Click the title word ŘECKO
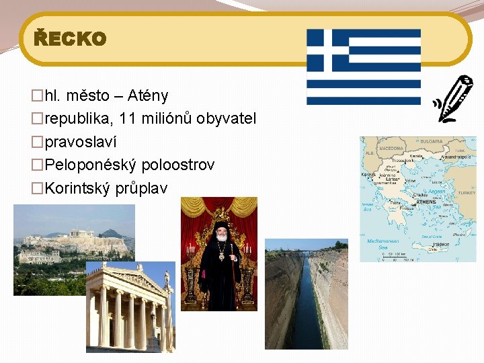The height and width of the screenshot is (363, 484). [71, 40]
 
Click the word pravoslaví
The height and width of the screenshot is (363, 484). [81, 142]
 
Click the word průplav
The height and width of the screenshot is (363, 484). [144, 188]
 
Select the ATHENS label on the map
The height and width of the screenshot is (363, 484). [426, 202]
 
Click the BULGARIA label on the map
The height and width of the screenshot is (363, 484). [432, 141]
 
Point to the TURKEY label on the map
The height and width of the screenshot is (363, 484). [467, 192]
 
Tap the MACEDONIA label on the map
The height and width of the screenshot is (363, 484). [391, 148]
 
